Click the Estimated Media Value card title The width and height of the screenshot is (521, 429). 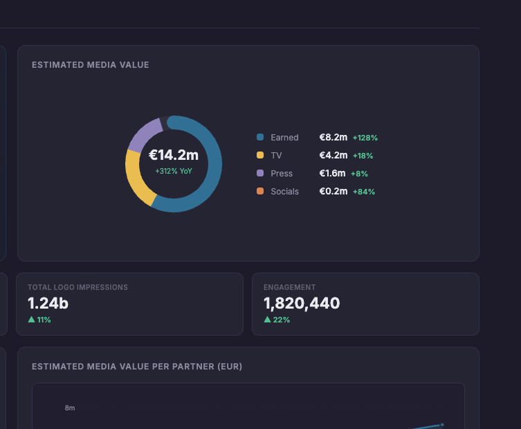tap(91, 65)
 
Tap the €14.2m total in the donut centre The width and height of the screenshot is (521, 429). tap(174, 155)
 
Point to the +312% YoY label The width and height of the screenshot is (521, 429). tap(174, 171)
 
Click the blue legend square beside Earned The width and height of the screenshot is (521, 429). tap(260, 138)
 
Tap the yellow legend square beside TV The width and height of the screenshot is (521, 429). tap(260, 156)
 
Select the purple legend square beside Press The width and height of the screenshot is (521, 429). tap(260, 174)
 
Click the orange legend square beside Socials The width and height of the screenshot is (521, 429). tap(260, 192)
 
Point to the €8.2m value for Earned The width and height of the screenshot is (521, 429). tap(333, 138)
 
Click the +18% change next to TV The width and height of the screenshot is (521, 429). tap(363, 156)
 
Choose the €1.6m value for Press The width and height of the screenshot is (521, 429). tap(333, 174)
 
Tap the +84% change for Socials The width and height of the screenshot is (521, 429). tap(364, 192)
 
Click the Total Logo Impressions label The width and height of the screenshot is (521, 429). tap(77, 287)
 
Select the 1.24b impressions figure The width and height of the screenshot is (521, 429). tap(48, 303)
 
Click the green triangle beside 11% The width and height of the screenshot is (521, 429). tap(31, 320)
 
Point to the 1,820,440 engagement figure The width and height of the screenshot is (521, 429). tap(302, 303)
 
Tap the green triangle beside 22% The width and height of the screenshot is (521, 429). tap(267, 320)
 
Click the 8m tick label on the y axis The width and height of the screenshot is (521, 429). tap(70, 408)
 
